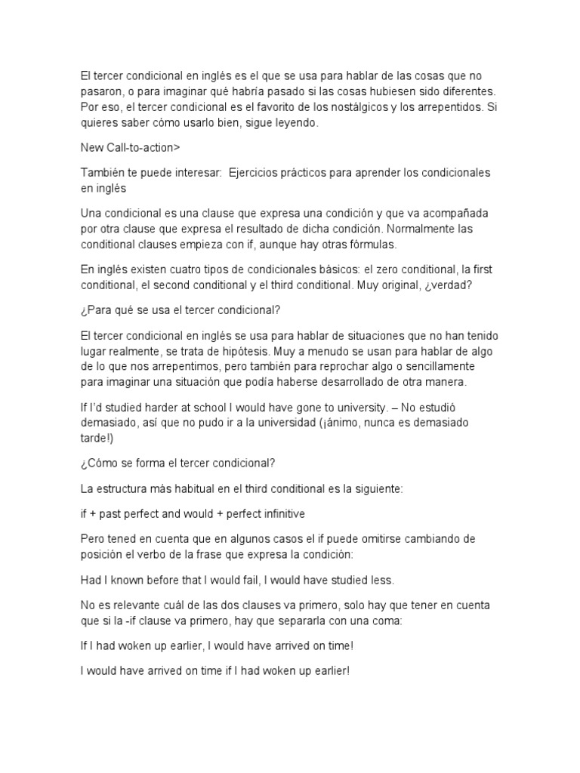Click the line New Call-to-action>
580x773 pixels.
tap(130, 147)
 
